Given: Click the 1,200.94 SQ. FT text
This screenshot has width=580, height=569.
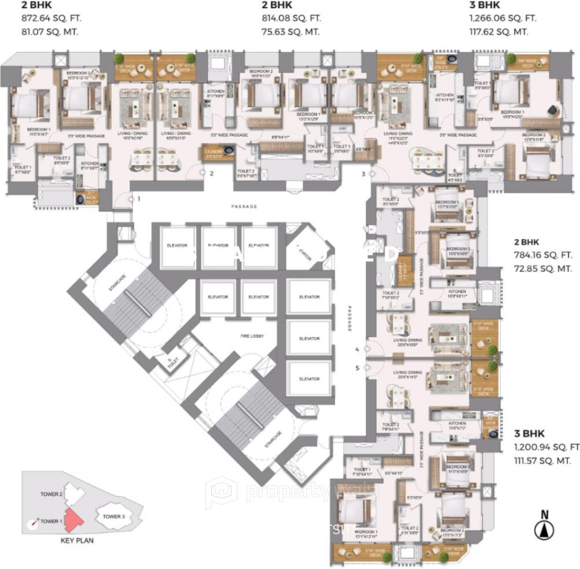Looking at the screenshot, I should click(546, 446).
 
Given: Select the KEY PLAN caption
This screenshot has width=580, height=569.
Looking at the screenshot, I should click(77, 541).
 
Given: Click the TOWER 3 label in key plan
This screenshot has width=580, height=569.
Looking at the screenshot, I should click(113, 516).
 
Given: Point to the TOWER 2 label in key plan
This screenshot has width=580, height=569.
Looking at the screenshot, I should click(51, 494).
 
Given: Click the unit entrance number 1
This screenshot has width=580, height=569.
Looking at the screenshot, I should click(138, 199).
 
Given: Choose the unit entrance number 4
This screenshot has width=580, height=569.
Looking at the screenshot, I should click(357, 349).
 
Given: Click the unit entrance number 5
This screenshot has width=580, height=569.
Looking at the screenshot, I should click(357, 367).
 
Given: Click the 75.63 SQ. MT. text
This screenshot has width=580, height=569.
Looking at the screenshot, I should click(288, 31).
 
